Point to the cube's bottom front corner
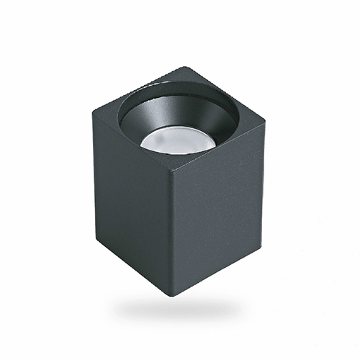[x=175, y=294]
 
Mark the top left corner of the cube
[x=93, y=112]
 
